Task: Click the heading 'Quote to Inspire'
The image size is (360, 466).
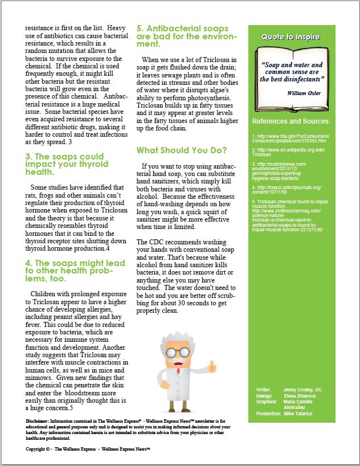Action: coord(291,37)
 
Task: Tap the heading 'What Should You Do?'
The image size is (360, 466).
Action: coord(182,150)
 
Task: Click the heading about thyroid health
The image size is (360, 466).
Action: coord(65,164)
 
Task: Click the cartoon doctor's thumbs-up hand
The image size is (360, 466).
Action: coord(212,365)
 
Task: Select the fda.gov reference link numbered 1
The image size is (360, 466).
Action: coord(289,140)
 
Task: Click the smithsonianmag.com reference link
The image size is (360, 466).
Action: coord(289,216)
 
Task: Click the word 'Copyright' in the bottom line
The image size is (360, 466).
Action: coord(37,449)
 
